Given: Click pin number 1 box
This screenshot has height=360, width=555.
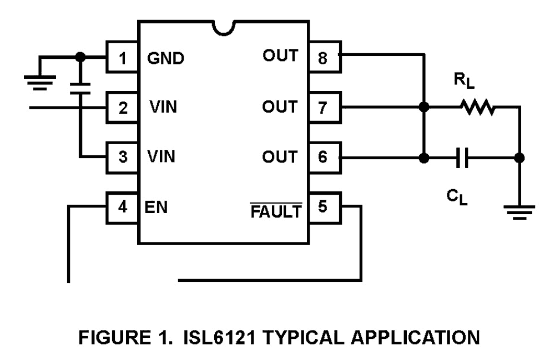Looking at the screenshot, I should click(122, 58).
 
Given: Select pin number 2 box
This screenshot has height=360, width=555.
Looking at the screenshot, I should click(122, 107).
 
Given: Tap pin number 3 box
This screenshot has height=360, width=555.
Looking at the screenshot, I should click(122, 157).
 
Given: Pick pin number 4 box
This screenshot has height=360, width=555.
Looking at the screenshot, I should click(122, 207).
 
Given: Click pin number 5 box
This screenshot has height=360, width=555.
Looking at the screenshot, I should click(324, 207).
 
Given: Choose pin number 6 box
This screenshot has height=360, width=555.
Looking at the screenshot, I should click(324, 158).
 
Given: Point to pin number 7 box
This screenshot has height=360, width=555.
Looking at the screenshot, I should click(324, 107).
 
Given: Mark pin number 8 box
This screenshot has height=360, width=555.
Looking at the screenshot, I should click(324, 57).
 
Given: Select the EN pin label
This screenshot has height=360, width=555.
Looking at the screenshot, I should click(158, 207).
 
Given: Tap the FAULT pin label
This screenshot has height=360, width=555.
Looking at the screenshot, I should click(276, 211).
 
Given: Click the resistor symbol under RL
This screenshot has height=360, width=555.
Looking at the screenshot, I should click(476, 108).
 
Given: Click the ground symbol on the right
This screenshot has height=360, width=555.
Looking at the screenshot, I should click(519, 211).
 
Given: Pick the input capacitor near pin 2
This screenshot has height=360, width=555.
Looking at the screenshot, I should click(80, 88).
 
